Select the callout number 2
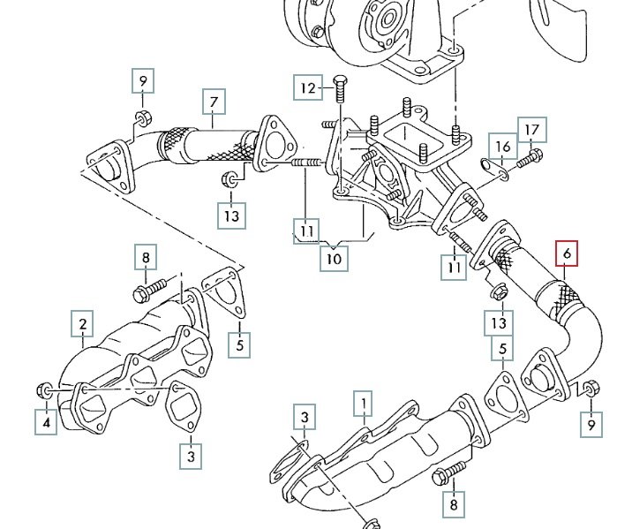tap(82, 327)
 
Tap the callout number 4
tap(45, 423)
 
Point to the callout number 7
tap(213, 103)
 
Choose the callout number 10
tap(334, 259)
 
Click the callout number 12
tap(307, 88)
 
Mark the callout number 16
tap(502, 147)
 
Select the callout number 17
tap(531, 131)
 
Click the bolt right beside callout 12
tap(341, 88)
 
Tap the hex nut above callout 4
tap(44, 389)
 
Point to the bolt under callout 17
tap(530, 162)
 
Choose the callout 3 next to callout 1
tap(303, 418)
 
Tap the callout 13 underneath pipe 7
tap(230, 214)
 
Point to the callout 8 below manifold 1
tap(454, 504)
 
